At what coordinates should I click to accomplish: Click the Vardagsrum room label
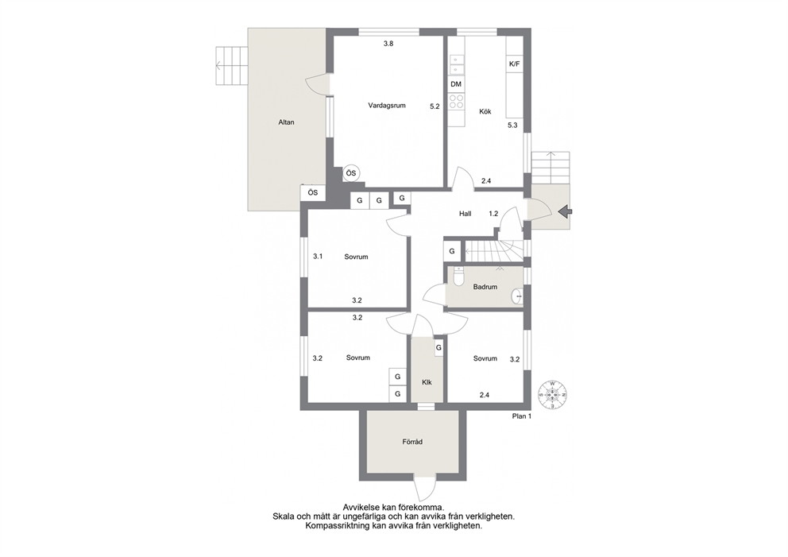click(x=387, y=106)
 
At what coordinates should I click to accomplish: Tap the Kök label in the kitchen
click(x=485, y=111)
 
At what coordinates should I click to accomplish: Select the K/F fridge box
click(x=515, y=64)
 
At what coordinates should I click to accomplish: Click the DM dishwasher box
click(x=456, y=84)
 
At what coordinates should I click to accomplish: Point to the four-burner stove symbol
click(x=456, y=102)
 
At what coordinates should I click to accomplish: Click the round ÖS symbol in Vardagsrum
click(x=351, y=173)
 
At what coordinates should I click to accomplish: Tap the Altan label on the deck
click(x=287, y=122)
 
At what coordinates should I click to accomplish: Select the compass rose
click(x=552, y=395)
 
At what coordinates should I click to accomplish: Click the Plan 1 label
click(x=522, y=416)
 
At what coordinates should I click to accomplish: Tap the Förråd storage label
click(x=412, y=442)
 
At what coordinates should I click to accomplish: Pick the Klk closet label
click(x=427, y=382)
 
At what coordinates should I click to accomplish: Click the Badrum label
click(x=485, y=287)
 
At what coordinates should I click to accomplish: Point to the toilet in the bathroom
click(x=458, y=277)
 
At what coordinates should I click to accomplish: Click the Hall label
click(x=465, y=214)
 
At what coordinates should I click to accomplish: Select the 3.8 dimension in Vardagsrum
click(x=388, y=44)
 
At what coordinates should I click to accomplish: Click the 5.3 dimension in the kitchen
click(x=512, y=126)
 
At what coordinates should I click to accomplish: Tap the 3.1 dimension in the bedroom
click(x=318, y=257)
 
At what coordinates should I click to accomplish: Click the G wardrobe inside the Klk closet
click(x=438, y=347)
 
